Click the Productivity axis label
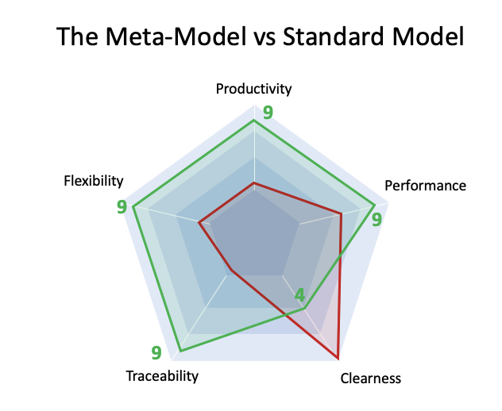pyautogui.click(x=253, y=88)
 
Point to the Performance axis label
pyautogui.click(x=425, y=186)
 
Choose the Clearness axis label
pyautogui.click(x=370, y=378)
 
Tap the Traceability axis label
pyautogui.click(x=162, y=376)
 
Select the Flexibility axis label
pyautogui.click(x=94, y=181)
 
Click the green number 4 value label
pyautogui.click(x=299, y=295)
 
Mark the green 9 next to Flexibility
pyautogui.click(x=122, y=207)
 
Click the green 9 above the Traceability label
pyautogui.click(x=156, y=353)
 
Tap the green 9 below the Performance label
pyautogui.click(x=376, y=217)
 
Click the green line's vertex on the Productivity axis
pyautogui.click(x=253, y=121)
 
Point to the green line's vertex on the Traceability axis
pyautogui.click(x=181, y=351)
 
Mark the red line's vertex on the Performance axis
pyautogui.click(x=341, y=213)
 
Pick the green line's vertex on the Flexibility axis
pyautogui.click(x=133, y=208)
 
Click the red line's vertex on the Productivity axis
pyautogui.click(x=253, y=183)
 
